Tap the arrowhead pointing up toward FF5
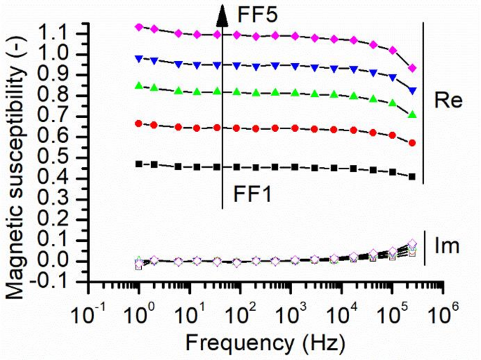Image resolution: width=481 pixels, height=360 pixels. click(223, 13)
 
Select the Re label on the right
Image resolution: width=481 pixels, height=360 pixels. click(447, 100)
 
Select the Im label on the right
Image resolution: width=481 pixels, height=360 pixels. click(447, 246)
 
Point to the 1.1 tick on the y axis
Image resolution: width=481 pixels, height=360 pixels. click(64, 33)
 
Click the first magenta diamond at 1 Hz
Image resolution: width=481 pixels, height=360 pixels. click(139, 27)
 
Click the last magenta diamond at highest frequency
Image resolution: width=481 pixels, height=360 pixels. click(412, 67)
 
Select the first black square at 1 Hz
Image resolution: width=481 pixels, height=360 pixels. click(139, 164)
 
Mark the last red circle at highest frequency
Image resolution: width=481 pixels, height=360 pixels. click(412, 142)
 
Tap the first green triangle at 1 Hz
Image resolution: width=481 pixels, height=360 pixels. click(139, 86)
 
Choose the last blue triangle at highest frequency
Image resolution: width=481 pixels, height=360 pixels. click(412, 91)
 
